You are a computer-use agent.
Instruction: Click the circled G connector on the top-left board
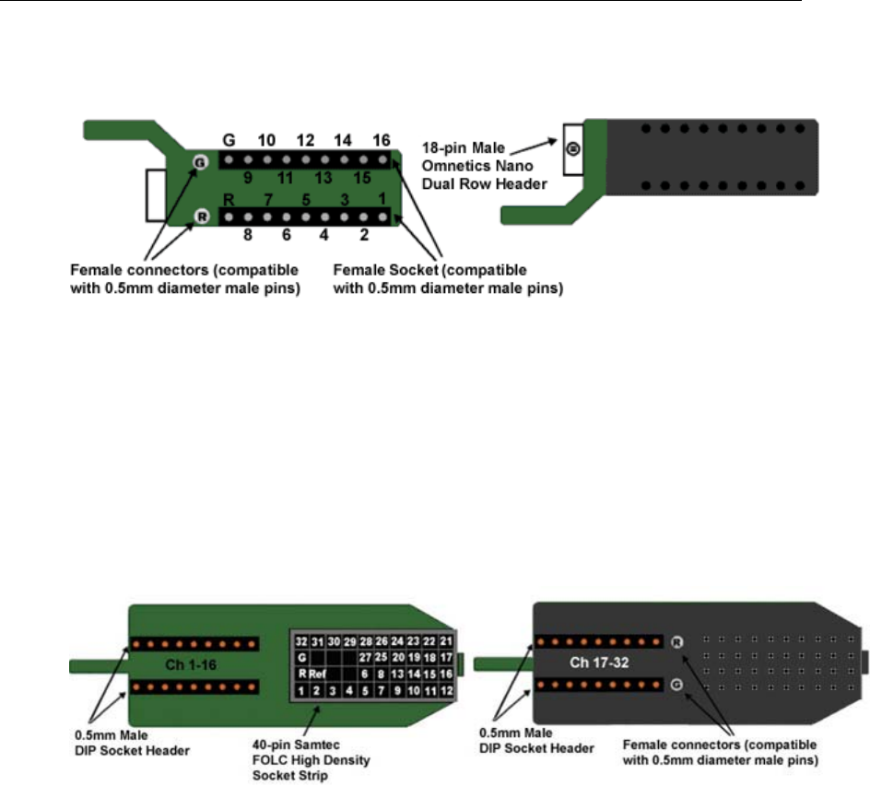pyautogui.click(x=198, y=161)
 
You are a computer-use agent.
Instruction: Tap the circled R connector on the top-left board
pyautogui.click(x=198, y=217)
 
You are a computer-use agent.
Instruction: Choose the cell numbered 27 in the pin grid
pyautogui.click(x=381, y=658)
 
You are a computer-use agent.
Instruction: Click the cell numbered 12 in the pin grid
pyautogui.click(x=446, y=690)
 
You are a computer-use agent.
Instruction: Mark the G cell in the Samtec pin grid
pyautogui.click(x=300, y=658)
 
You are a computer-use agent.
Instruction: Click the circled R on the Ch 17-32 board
pyautogui.click(x=676, y=642)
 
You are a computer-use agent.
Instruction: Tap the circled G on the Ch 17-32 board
pyautogui.click(x=676, y=684)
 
